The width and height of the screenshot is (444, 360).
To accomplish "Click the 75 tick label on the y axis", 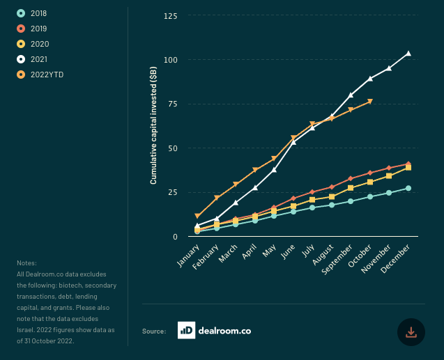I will [171, 104].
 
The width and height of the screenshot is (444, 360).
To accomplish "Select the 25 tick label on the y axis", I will [171, 193].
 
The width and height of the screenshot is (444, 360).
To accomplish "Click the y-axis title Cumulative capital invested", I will [153, 126].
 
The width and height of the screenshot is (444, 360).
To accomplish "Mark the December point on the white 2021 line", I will [408, 54].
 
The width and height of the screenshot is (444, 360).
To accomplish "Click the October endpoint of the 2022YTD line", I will [370, 102].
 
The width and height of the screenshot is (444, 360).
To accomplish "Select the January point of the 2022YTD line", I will [198, 216].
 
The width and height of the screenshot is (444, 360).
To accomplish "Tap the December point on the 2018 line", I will [408, 188].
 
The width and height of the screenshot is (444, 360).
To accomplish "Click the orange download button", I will [411, 332].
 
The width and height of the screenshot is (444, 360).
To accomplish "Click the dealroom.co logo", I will [214, 331].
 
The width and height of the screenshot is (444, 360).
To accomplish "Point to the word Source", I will [153, 332].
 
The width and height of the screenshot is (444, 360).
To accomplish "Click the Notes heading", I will [26, 263].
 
